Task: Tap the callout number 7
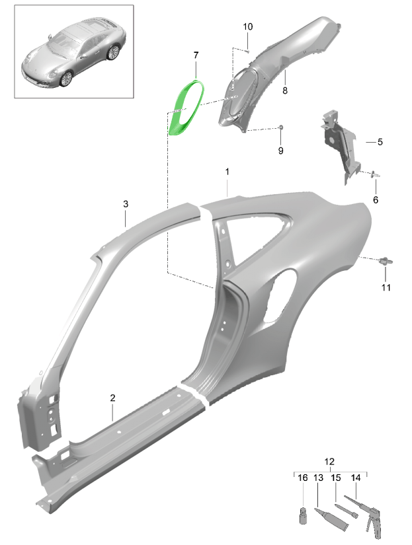(196, 55)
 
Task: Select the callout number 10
(248, 26)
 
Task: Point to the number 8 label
(285, 91)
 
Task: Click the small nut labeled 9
(282, 127)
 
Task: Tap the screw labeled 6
(376, 174)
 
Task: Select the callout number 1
(227, 172)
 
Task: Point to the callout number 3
(126, 204)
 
